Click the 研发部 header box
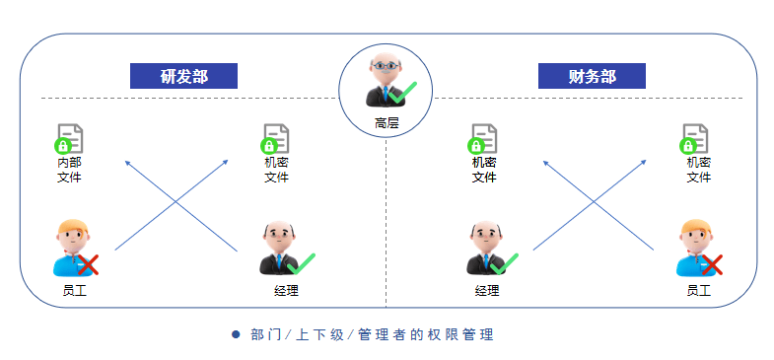(183, 76)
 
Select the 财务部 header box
(592, 76)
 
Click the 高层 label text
(387, 123)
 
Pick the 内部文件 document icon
(69, 139)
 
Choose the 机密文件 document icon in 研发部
(275, 139)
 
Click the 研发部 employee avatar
(71, 248)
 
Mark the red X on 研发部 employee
(89, 264)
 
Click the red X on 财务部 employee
(712, 264)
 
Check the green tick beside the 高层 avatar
(403, 92)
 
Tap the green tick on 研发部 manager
(301, 263)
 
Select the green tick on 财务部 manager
(505, 263)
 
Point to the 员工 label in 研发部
(74, 291)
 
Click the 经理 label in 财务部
(487, 291)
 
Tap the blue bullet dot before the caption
(235, 334)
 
